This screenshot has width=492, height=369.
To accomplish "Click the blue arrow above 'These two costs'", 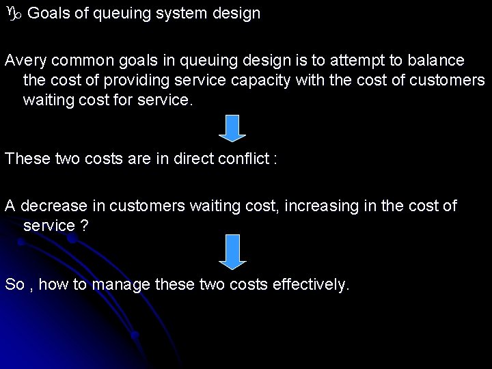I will click(x=232, y=128).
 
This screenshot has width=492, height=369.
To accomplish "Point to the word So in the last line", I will click(x=14, y=284).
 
